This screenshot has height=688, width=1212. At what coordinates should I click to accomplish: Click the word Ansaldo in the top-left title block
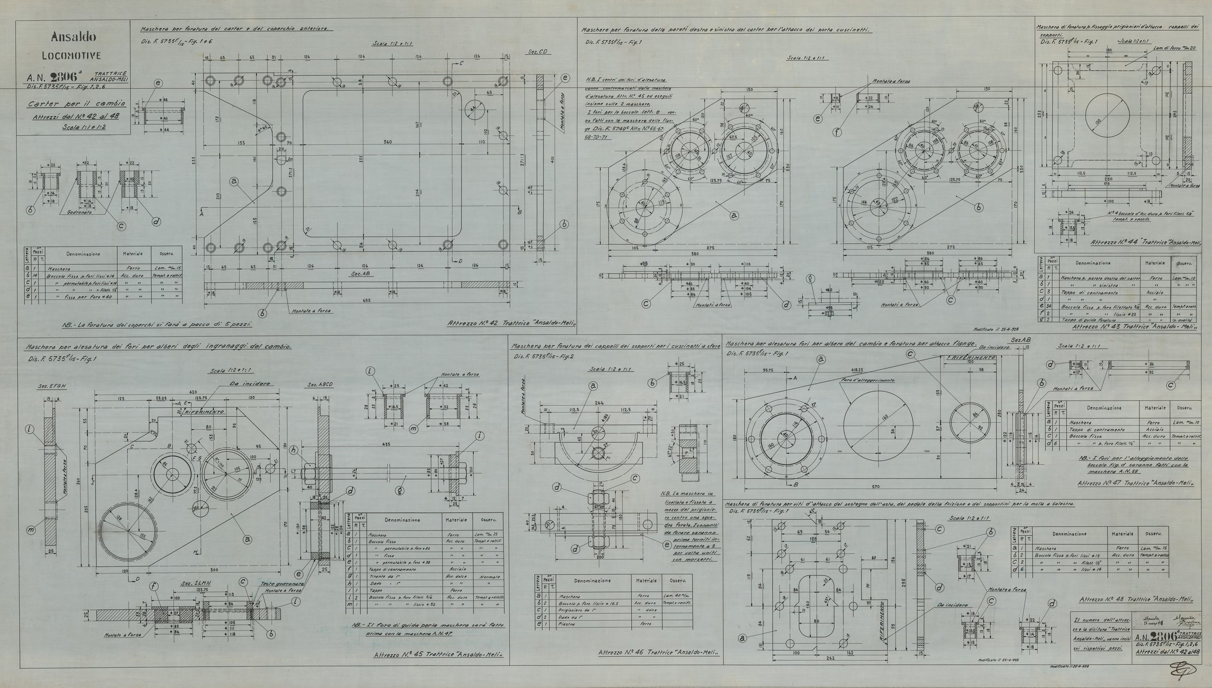(x=73, y=37)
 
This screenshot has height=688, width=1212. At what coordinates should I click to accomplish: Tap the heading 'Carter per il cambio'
(x=76, y=104)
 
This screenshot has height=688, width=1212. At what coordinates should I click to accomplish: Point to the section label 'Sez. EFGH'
(x=52, y=386)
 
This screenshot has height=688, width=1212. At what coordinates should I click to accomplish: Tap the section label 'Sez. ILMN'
(x=191, y=584)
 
